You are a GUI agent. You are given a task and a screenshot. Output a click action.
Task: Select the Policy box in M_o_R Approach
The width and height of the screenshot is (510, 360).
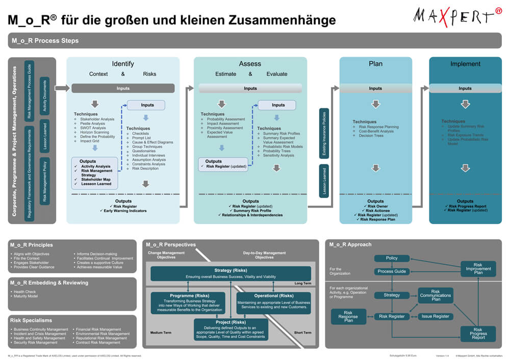(x=392, y=258)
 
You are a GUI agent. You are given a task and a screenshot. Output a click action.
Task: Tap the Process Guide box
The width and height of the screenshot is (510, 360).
(x=392, y=271)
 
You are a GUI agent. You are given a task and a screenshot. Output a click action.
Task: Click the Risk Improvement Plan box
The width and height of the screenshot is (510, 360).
(x=478, y=268)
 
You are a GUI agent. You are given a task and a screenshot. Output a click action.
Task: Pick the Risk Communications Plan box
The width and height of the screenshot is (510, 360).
(x=436, y=295)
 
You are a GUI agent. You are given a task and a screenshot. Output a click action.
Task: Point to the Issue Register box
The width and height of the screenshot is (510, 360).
(x=436, y=316)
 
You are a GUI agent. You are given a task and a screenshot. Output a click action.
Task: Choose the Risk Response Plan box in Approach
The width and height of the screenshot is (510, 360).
(x=348, y=316)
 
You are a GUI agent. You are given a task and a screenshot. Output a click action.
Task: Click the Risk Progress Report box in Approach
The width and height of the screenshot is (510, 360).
(x=478, y=333)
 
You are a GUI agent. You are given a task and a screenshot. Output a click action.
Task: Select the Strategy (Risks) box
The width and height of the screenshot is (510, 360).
(x=231, y=273)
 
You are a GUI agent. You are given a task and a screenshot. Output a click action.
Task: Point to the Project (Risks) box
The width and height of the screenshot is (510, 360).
(x=232, y=329)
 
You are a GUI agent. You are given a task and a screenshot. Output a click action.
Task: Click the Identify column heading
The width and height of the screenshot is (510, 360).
(x=123, y=64)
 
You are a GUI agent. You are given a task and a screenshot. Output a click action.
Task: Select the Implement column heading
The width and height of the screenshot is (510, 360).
(x=465, y=64)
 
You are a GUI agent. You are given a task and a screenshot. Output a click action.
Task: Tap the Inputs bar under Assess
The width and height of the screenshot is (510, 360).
(x=250, y=88)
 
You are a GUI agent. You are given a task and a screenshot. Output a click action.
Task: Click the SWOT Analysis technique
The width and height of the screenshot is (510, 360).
(x=93, y=128)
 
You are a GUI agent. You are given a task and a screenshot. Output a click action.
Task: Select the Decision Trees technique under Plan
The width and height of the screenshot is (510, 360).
(x=371, y=136)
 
